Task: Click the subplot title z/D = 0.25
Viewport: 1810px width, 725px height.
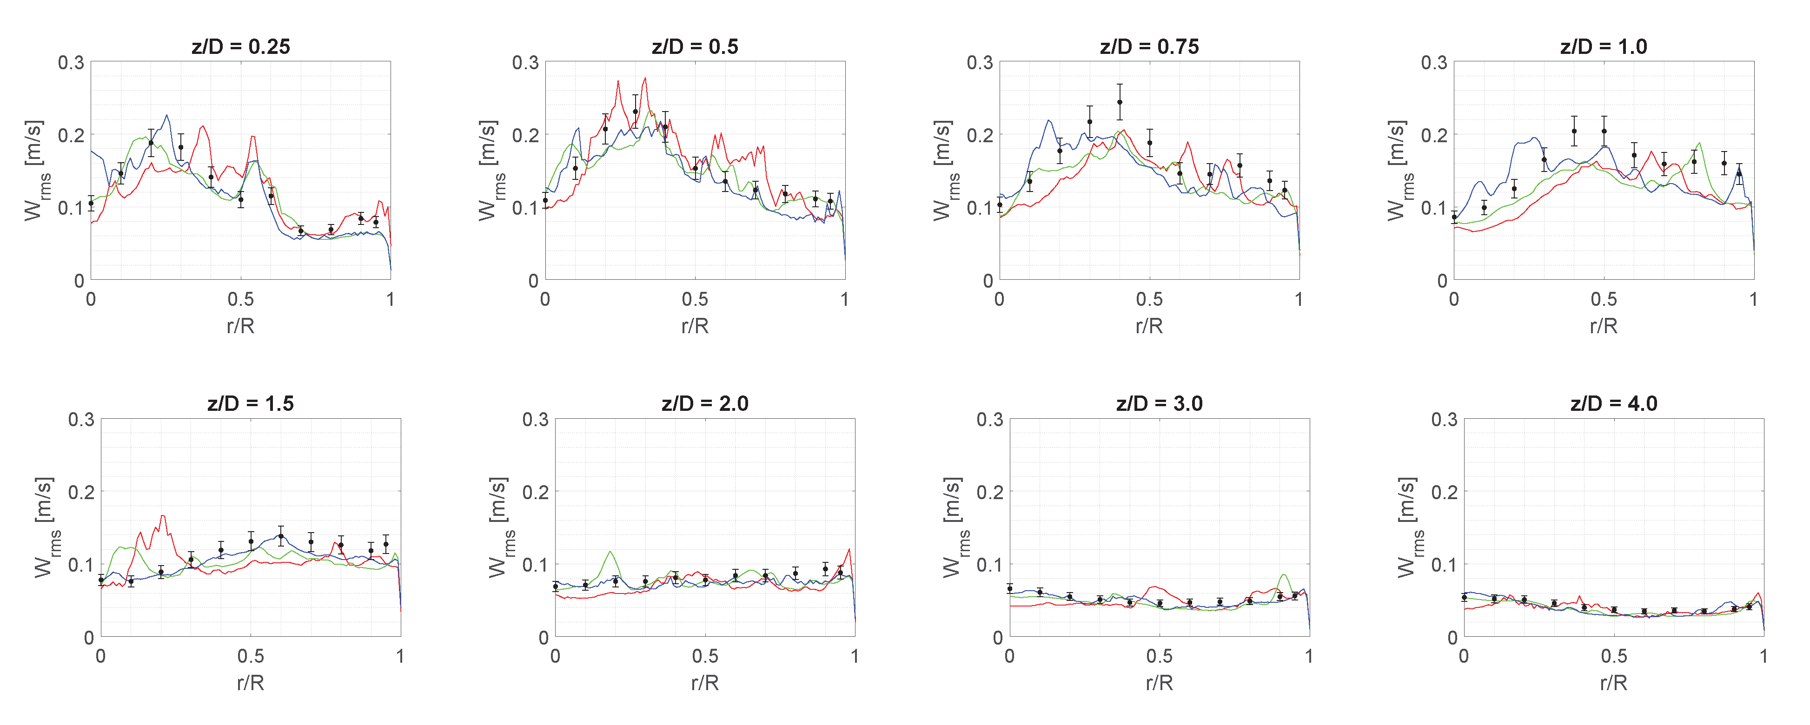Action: (240, 46)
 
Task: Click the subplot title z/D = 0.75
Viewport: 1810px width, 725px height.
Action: (1149, 46)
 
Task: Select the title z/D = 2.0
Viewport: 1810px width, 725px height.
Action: (705, 403)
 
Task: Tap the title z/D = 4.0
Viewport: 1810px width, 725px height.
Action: (1614, 403)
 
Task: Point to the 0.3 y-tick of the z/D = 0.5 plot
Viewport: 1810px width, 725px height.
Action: (525, 63)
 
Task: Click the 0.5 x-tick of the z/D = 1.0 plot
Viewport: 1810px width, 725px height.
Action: (1604, 299)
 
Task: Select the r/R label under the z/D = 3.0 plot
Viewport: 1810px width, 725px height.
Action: (1160, 682)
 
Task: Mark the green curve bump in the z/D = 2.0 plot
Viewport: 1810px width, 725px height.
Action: (610, 552)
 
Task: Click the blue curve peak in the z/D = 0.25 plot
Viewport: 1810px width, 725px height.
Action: (166, 115)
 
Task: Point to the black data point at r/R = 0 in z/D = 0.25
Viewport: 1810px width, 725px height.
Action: (91, 203)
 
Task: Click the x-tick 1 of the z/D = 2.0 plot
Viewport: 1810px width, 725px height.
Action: (855, 656)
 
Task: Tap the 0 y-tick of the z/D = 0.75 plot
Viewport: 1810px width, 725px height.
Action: (988, 281)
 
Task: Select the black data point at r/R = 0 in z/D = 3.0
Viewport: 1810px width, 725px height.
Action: (1010, 589)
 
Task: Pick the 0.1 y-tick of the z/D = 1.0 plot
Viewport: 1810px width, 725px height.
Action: (1434, 208)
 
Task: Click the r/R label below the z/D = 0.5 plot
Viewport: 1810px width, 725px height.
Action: (695, 325)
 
